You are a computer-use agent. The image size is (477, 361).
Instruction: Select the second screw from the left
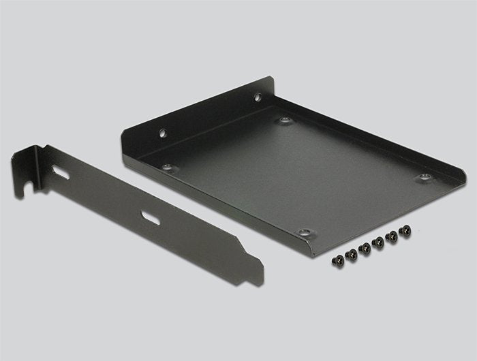pos(352,253)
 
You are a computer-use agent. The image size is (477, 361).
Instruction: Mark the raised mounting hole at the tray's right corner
pos(424,177)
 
